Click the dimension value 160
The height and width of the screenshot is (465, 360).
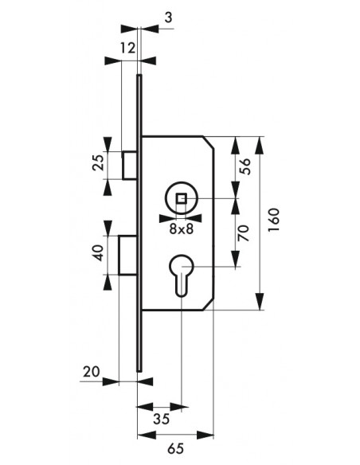tap(274, 220)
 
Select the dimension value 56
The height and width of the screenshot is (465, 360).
tap(245, 166)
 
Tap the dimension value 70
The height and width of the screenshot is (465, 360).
tap(244, 232)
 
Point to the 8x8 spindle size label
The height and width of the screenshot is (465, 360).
tap(181, 229)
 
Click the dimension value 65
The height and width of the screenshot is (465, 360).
tap(176, 448)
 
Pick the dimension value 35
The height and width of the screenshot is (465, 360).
tap(162, 419)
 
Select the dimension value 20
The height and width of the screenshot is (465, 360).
tap(91, 372)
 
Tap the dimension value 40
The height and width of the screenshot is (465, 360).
tap(99, 253)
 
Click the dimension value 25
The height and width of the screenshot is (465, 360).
tap(99, 162)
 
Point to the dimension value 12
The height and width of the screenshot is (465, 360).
tap(127, 48)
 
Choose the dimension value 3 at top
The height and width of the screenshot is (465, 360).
tap(168, 18)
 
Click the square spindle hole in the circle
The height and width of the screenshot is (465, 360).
tap(181, 198)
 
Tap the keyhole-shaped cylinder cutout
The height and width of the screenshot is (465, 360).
tap(181, 275)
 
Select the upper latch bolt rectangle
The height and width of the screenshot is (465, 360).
tap(130, 165)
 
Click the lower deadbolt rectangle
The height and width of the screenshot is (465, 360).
tap(128, 255)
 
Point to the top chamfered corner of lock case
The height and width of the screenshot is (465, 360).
tap(208, 143)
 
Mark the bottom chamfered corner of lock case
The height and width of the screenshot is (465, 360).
tap(208, 305)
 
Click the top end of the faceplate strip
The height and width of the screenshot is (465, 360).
tap(139, 75)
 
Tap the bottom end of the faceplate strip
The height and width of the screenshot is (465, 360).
tap(139, 370)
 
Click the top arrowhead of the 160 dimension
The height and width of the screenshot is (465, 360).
tap(260, 145)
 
